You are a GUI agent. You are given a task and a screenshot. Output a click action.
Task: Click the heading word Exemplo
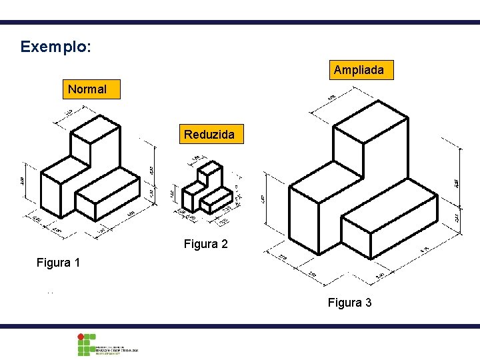[x=55, y=47]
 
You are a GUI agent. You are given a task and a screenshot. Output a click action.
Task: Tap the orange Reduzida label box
[x=209, y=134]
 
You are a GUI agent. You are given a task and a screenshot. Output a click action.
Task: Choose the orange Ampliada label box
[x=359, y=69]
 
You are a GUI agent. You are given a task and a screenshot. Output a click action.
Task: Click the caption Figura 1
[x=58, y=263]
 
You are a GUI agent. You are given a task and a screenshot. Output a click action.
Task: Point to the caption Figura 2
[x=205, y=244]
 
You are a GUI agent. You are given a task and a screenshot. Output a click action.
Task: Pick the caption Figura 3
[x=349, y=303]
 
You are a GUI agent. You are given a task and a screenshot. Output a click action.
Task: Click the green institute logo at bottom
[x=86, y=345]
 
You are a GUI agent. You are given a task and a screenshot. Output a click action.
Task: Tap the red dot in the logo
[x=81, y=337]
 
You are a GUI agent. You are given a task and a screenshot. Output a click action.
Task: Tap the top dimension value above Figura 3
[x=332, y=99]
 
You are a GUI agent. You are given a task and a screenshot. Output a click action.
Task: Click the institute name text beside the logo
[x=117, y=349]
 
